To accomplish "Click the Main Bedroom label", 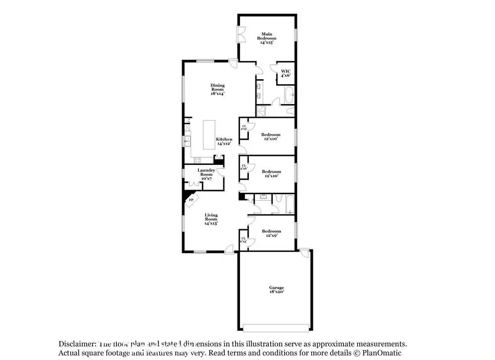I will point(267,38).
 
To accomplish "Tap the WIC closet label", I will point(286,73).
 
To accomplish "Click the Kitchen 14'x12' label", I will point(224,142).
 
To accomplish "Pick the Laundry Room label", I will point(206,174).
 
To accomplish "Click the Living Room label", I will point(211,219).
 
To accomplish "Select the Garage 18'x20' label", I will point(276,290).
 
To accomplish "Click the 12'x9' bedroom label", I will point(271,233).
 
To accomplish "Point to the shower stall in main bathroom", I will point(261,111).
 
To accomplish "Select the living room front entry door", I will point(229,250).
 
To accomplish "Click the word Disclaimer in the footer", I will point(77,344).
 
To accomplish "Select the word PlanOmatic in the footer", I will point(384,353).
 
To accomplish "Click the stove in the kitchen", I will point(197,159).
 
